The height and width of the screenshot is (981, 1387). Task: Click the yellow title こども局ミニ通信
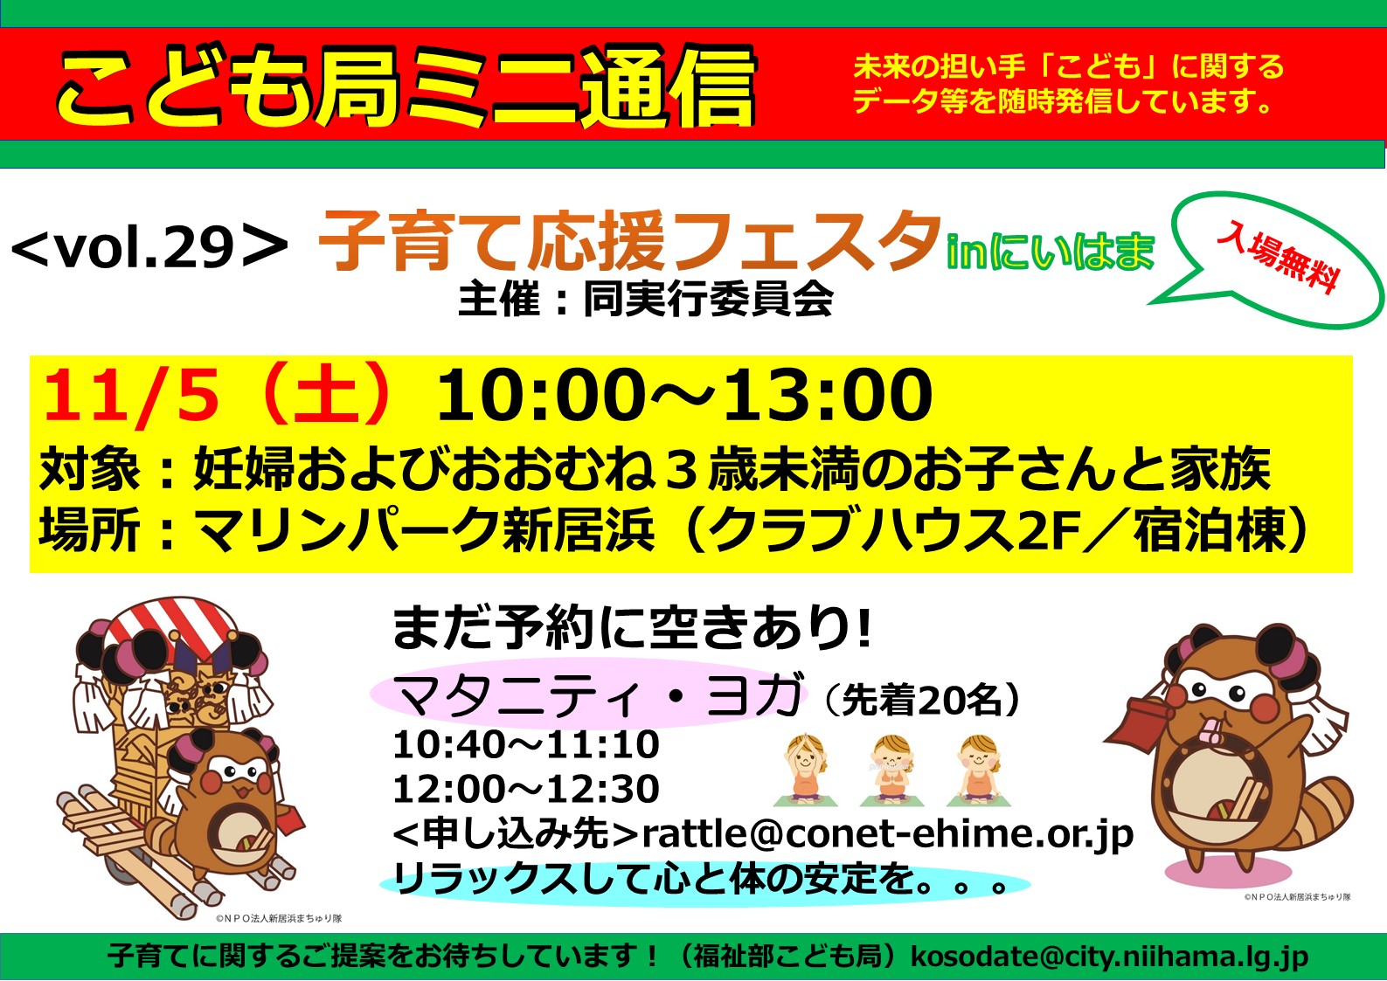406,86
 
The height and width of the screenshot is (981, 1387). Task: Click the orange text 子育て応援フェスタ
628,240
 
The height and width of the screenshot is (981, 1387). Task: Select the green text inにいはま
1051,252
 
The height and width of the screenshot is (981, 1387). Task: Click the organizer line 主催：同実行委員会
645,300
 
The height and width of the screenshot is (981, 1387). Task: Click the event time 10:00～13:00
685,395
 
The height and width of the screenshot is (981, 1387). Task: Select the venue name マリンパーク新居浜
424,529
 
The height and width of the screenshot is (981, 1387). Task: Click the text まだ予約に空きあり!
633,628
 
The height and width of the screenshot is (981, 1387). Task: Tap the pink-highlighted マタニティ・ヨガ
600,695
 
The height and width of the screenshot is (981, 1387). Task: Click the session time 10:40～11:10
526,744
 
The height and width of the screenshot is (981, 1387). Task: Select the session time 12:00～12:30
526,789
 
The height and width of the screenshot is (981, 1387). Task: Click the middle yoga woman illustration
891,770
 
